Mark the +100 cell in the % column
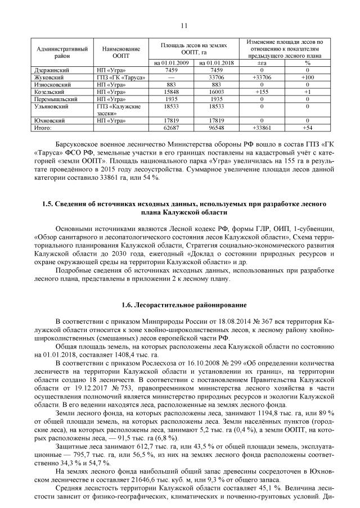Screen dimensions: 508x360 click(x=308, y=77)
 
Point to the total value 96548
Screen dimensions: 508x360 click(x=217, y=128)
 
